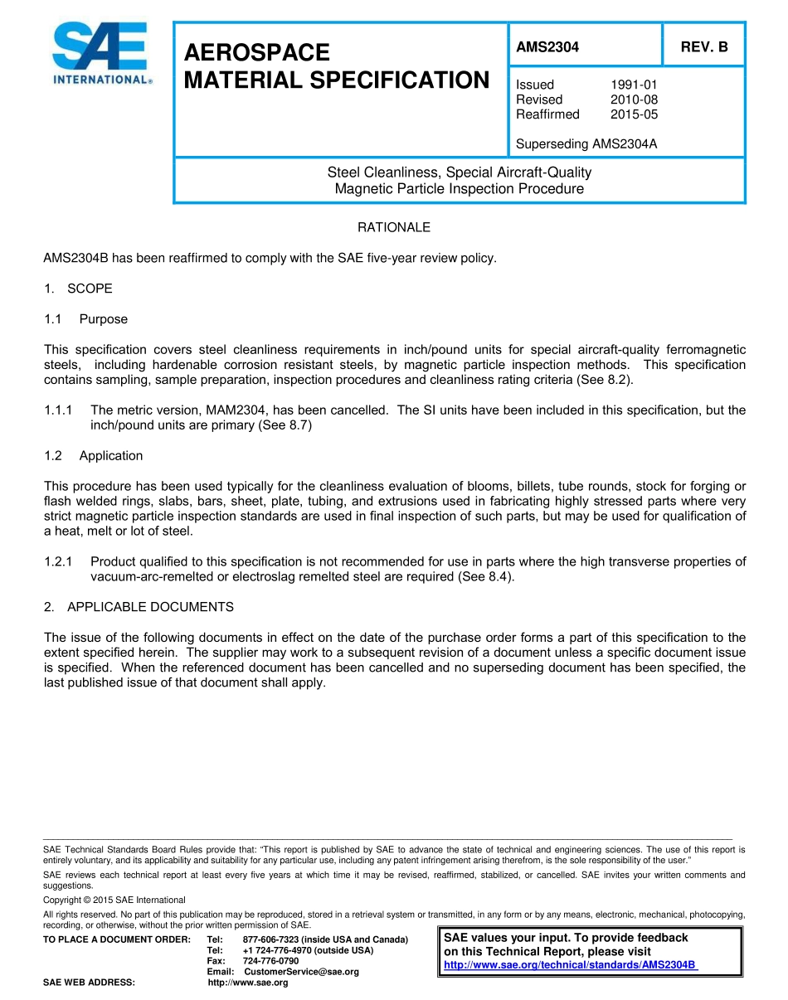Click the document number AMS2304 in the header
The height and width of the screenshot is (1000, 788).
547,47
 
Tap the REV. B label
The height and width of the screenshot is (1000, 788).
704,47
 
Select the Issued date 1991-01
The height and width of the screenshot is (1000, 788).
634,85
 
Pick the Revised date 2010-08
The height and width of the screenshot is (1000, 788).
634,100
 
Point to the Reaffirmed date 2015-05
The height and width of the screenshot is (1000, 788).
634,114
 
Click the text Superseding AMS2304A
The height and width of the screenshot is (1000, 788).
586,144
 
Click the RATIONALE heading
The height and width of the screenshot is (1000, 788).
393,227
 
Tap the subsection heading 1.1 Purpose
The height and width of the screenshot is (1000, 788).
85,319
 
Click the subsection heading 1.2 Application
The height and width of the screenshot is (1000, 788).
93,456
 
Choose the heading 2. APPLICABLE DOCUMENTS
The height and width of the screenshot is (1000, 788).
139,607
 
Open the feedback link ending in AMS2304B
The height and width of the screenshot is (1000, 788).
571,965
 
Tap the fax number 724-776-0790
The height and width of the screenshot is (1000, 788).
270,961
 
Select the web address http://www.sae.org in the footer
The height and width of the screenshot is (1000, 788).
247,983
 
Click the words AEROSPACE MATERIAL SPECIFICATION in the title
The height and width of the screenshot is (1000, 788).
336,66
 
